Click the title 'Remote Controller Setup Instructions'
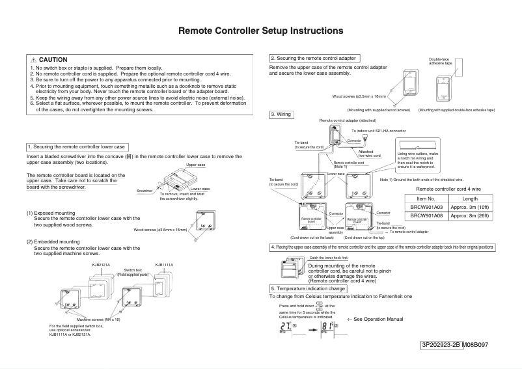[261, 31]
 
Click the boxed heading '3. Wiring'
[281, 115]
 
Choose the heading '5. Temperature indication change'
[308, 288]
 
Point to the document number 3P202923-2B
[441, 344]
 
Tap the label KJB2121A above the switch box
[100, 265]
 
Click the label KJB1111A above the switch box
[164, 265]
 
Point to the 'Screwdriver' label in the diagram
[145, 191]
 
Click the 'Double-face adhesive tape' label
[440, 62]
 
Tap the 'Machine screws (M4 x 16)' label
[98, 320]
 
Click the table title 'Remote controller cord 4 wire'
[448, 188]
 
